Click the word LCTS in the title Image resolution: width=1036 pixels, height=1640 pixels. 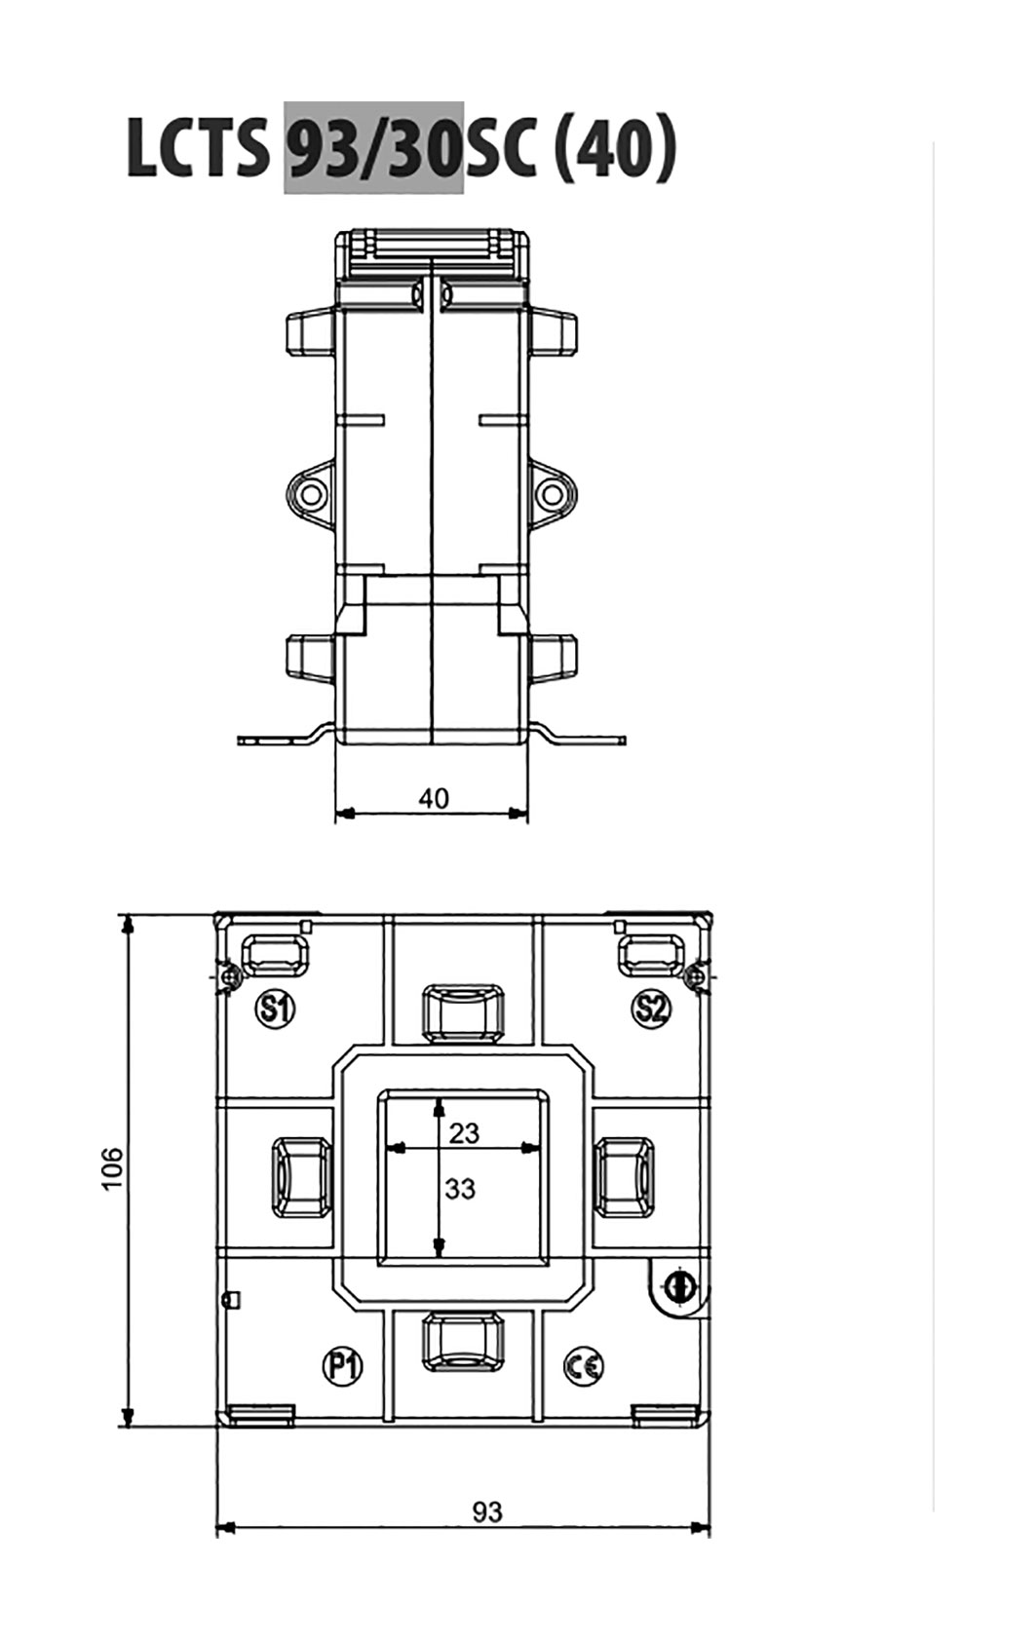197,148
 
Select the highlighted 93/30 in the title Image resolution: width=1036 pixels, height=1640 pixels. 373,148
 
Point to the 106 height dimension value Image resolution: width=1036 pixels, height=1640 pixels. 112,1168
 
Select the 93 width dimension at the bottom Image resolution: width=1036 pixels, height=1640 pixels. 487,1512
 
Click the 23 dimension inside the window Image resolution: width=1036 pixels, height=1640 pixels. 464,1132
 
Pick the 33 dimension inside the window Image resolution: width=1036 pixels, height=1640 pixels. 460,1188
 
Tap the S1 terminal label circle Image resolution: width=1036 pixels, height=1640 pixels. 275,1010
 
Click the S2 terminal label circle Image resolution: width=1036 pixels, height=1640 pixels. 651,1010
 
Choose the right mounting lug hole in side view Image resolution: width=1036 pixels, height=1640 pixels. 551,493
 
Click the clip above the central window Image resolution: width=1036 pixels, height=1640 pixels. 464,1011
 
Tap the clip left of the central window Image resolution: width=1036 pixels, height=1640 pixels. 302,1177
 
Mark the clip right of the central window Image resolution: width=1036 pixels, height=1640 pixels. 625,1177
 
